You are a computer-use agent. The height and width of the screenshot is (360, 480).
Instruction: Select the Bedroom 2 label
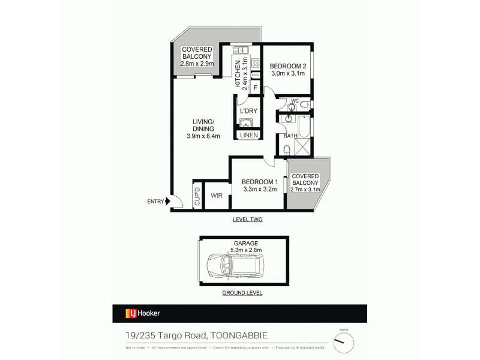coord(287,66)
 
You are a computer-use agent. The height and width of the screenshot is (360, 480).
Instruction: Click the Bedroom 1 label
coord(259,182)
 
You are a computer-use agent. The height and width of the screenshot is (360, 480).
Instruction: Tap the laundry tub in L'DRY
coord(247,123)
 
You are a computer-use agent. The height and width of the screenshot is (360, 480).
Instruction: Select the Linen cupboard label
coord(248,136)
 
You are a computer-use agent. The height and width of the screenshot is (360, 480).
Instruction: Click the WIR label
coord(217,195)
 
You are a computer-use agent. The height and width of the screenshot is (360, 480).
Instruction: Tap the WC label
coord(295,101)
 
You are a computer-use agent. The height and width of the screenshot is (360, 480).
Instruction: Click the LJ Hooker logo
coord(143,313)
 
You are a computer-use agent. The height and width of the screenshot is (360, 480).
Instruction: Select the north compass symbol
coord(344,342)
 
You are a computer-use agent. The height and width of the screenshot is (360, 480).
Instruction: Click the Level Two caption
coord(248,220)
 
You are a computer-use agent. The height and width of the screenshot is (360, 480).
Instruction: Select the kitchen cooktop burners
coord(255,62)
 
